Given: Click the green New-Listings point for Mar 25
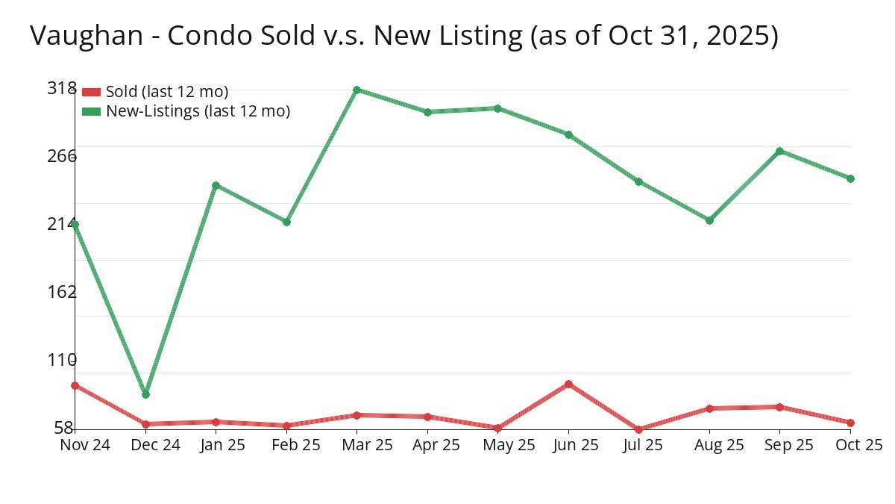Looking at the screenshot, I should tap(357, 90).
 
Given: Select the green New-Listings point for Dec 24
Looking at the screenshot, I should tap(146, 394).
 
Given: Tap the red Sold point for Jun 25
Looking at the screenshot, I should tap(568, 384).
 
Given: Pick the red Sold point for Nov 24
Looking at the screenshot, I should tap(75, 385).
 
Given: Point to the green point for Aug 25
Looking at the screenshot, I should tap(709, 220).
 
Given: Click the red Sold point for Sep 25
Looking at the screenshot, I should tap(779, 407).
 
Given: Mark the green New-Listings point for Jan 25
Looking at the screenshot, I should tap(216, 185).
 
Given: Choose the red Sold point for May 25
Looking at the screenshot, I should tap(497, 428).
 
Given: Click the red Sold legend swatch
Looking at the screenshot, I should tap(91, 92).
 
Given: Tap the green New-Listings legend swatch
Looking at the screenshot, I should tap(91, 111).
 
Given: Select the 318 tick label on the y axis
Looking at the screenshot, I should tap(62, 88).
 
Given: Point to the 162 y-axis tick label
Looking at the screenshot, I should tap(62, 291).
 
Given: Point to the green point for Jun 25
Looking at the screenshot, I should tap(568, 134).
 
